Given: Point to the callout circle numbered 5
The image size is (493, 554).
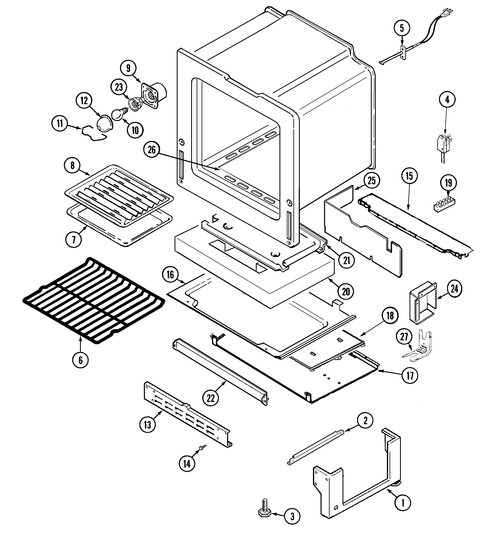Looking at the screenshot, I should click(x=402, y=28).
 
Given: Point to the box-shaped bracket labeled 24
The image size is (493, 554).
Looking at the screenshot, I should click(x=423, y=302).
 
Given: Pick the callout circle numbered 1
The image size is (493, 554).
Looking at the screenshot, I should click(x=403, y=503).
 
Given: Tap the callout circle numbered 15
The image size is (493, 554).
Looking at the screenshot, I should click(x=409, y=176).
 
